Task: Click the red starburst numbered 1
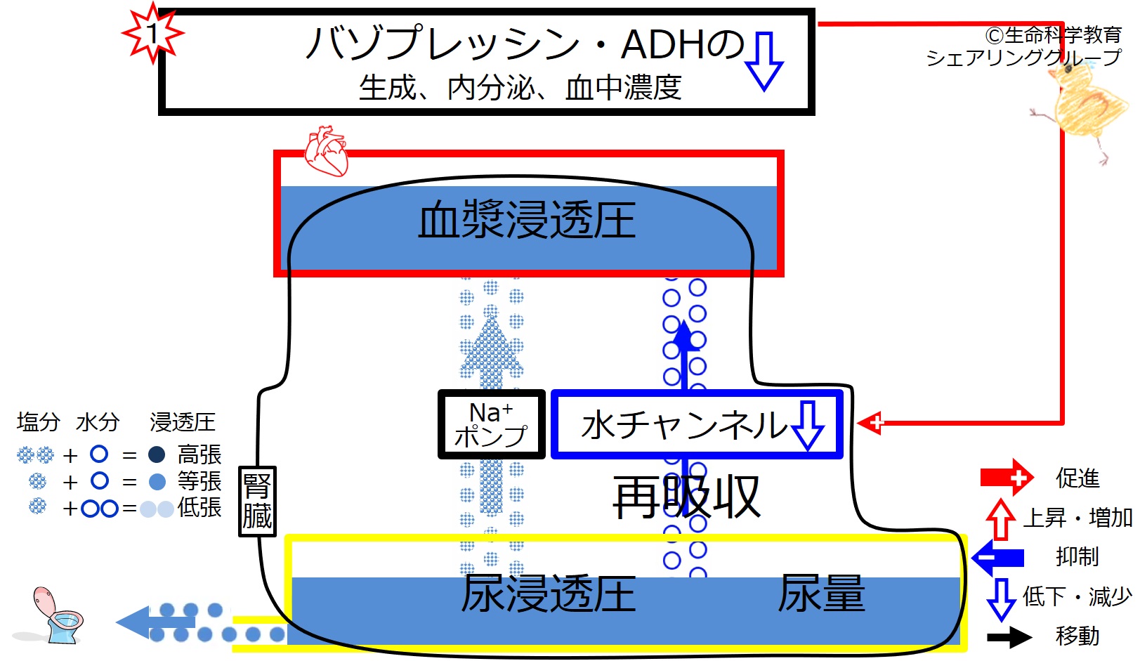[x=152, y=34]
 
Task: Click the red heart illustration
[x=326, y=151]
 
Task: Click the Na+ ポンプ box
[x=492, y=424]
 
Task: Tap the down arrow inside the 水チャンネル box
[x=808, y=425]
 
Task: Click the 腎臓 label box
[x=258, y=502]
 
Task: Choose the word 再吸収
[x=686, y=497]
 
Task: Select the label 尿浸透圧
[x=549, y=594]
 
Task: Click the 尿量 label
[x=821, y=593]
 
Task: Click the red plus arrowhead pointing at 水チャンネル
[x=870, y=422]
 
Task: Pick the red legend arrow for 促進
[x=1007, y=477]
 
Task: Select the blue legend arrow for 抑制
[x=997, y=558]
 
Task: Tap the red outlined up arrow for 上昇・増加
[x=1000, y=518]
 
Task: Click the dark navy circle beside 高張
[x=157, y=454]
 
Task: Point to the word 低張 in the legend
[x=199, y=508]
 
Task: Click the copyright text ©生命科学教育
[x=1054, y=34]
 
